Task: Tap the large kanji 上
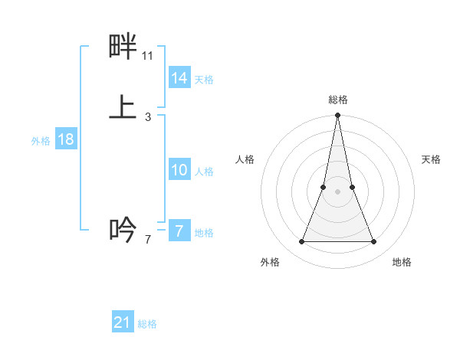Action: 123,107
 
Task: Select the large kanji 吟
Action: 123,229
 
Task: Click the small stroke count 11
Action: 148,56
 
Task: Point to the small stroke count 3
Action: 148,116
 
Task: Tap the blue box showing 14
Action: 179,78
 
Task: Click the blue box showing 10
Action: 179,170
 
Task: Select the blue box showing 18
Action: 65,139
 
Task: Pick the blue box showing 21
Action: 123,322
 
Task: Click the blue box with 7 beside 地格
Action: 179,231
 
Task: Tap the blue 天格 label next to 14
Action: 204,80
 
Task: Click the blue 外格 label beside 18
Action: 41,141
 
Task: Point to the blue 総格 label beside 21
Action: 147,324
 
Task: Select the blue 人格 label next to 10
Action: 205,172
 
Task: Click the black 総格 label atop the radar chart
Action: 338,100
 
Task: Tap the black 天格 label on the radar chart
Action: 432,159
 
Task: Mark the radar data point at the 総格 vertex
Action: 338,116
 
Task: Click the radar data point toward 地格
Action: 374,242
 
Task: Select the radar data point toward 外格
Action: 301,242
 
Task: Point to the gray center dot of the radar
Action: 338,191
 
